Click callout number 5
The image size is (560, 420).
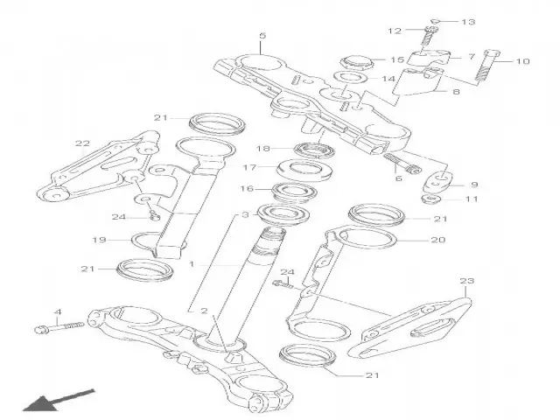[x=261, y=36]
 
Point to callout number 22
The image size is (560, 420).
[x=82, y=143]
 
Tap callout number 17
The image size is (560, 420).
[x=248, y=168]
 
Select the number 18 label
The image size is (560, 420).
[x=262, y=149]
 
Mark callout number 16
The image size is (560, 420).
[x=248, y=189]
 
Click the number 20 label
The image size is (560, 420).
[x=439, y=238]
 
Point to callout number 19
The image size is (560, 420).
[x=100, y=238]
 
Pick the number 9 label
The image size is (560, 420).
[x=473, y=185]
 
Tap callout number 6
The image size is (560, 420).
[x=398, y=178]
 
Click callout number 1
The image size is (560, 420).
[x=192, y=262]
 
